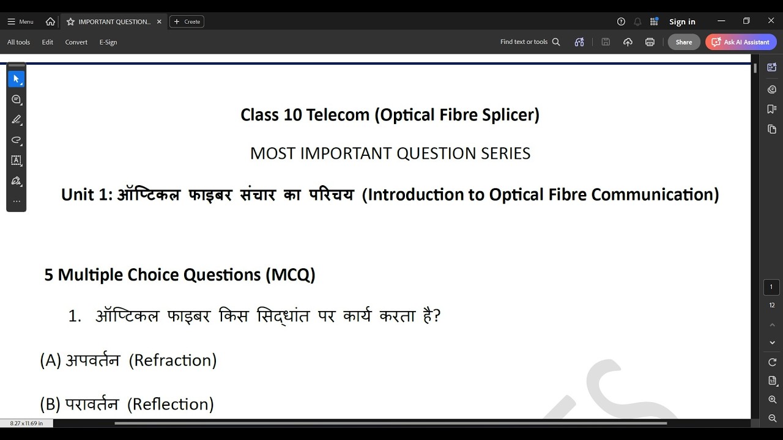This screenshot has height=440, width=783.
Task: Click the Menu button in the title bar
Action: tap(20, 21)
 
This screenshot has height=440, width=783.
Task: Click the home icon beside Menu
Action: tap(50, 21)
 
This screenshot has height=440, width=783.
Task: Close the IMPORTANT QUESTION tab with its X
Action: tap(159, 21)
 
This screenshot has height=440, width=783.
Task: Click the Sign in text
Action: tap(682, 22)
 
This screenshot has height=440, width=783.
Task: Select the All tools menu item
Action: tap(18, 42)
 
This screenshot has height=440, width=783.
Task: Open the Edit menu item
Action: tap(48, 42)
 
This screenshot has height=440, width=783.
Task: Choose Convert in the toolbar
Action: tap(76, 42)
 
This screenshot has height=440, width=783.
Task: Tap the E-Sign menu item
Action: tap(108, 42)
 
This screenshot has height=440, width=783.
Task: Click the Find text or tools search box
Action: tap(530, 42)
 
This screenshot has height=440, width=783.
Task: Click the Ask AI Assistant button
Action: tap(741, 42)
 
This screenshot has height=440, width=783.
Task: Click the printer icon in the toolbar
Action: tap(650, 42)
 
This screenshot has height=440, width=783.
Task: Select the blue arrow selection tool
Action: tap(17, 79)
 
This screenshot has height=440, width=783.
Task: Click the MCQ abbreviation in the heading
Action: tap(291, 275)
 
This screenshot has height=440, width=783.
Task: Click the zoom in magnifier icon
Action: tap(772, 400)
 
